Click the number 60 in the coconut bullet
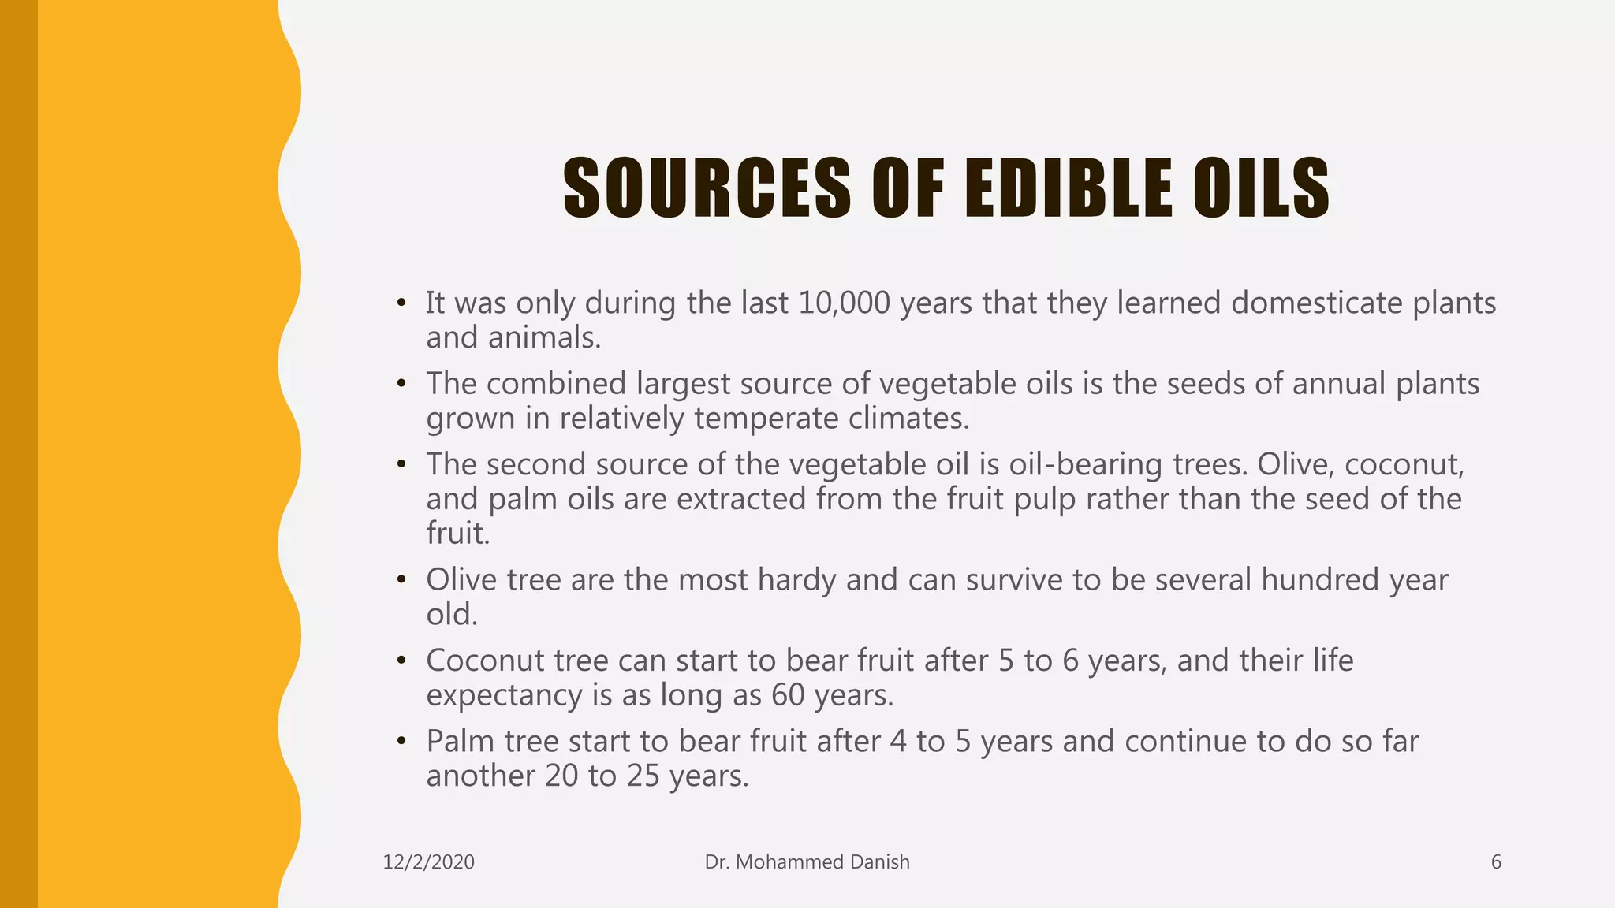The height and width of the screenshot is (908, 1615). [x=788, y=695]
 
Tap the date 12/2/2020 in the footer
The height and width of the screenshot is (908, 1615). [x=428, y=862]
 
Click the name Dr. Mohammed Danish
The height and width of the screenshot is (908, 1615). [x=807, y=862]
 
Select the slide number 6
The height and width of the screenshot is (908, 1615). [x=1496, y=862]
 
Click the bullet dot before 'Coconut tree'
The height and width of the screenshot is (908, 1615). [x=401, y=661]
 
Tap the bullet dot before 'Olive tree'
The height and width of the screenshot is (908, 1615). [x=401, y=580]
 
